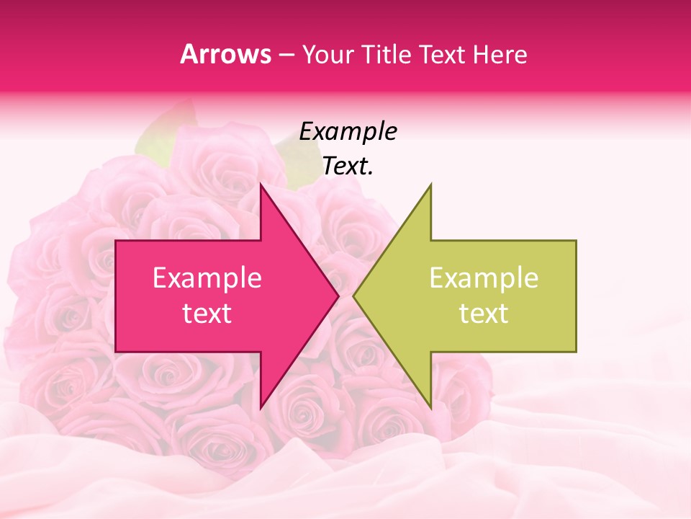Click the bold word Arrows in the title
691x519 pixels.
click(x=226, y=55)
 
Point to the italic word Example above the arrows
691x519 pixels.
click(x=348, y=132)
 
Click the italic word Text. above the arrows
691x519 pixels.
click(x=348, y=167)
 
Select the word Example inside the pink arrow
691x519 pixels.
click(x=207, y=278)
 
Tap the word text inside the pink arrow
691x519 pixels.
click(x=207, y=314)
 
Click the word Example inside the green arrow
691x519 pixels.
click(x=484, y=278)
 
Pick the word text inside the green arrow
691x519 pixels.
click(x=484, y=314)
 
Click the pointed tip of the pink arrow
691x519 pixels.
click(x=338, y=296)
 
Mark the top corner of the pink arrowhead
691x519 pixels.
click(x=261, y=185)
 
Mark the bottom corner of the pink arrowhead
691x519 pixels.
click(x=261, y=407)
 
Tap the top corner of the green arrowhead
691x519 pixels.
click(x=430, y=185)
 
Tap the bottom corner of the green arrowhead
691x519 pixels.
click(x=430, y=407)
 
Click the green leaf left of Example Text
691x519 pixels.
click(x=162, y=133)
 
